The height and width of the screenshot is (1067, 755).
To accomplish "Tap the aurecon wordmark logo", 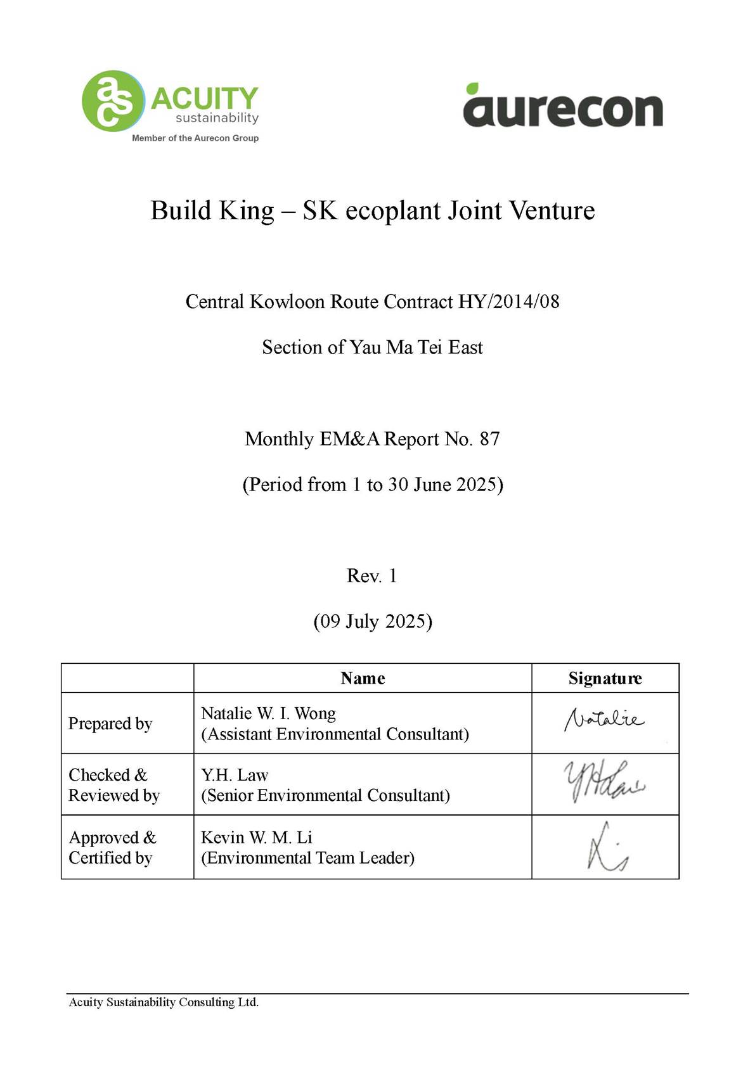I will pos(563,110).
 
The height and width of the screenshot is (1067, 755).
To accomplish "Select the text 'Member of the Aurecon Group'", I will pos(195,138).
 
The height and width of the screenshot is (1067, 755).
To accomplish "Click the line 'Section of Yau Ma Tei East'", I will pos(373,347).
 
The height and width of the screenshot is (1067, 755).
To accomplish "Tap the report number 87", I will pos(489,438).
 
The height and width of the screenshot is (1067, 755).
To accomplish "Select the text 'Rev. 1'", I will pos(372,575).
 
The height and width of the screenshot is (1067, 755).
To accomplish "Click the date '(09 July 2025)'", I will pos(373,621).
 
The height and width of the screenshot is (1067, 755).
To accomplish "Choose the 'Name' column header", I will pos(363,679).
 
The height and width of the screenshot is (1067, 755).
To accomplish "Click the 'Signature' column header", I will pos(605,679).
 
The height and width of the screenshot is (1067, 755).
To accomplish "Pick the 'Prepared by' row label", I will pos(110,724).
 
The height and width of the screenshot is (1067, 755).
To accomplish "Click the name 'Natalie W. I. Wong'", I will pos(268,713).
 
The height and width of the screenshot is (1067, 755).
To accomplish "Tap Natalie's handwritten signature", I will pos(604,720).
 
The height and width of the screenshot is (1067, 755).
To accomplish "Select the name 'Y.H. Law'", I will pos(235,775).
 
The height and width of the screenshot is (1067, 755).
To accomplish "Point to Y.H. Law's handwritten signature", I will pos(604,781).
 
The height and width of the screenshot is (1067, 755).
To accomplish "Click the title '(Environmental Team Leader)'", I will pos(307,858).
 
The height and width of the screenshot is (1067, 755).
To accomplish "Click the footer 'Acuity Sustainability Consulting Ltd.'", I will pos(164,1002).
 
